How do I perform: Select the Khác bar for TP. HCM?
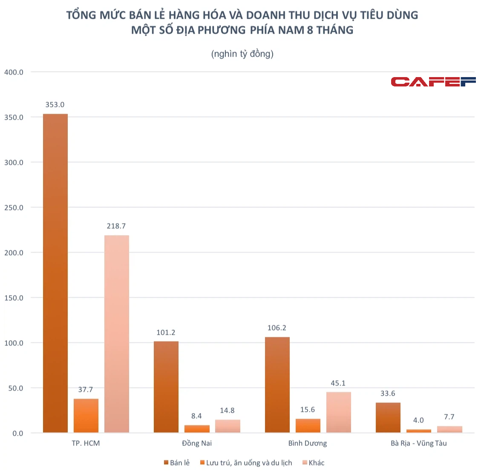tap(117, 334)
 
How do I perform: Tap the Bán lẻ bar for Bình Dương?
tap(277, 385)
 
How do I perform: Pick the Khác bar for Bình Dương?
tap(339, 412)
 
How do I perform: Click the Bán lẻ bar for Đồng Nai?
tap(166, 387)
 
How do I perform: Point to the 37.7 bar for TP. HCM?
tap(86, 416)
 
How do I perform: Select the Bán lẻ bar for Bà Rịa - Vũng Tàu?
tap(388, 418)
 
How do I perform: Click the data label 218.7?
tap(116, 226)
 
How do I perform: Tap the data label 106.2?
tap(277, 328)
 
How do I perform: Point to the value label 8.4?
tap(196, 416)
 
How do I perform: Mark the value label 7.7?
tap(449, 417)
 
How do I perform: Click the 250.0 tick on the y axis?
tap(14, 208)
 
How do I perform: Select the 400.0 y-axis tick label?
tap(14, 72)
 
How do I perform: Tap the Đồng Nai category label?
tap(197, 443)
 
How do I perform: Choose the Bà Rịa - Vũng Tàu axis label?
tap(419, 443)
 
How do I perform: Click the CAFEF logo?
tap(433, 82)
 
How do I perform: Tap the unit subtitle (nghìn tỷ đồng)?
tap(242, 54)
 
